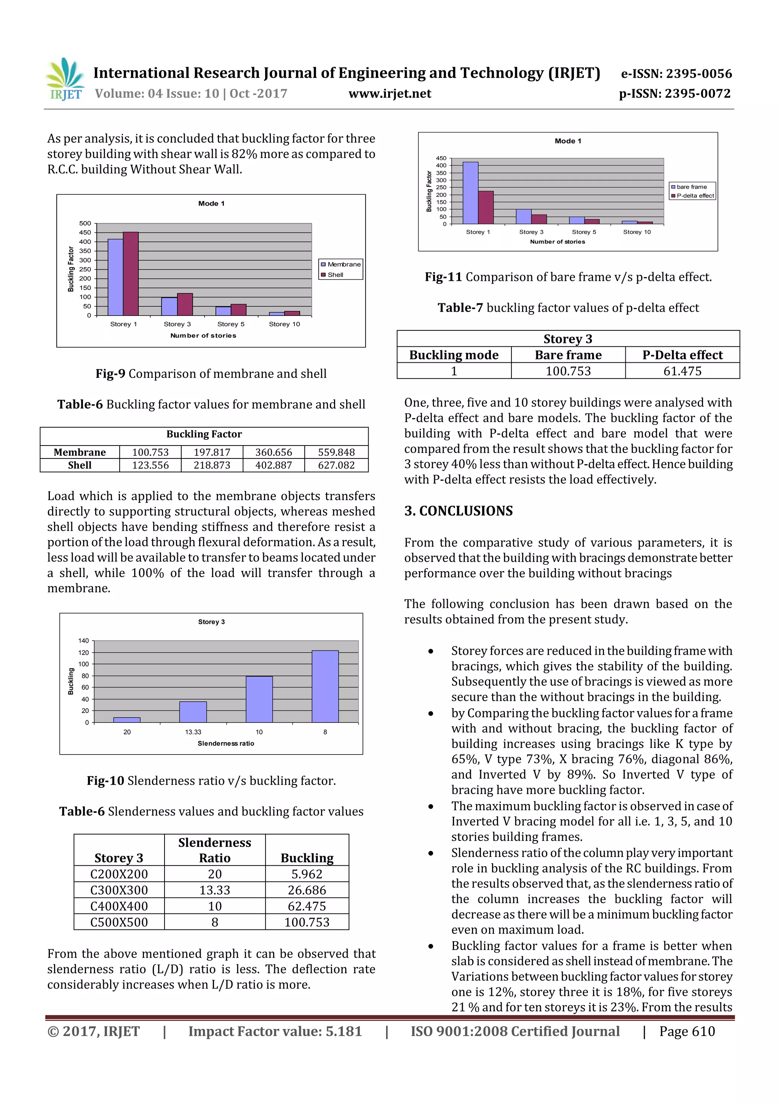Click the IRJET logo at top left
pos(65,79)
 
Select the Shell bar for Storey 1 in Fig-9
pos(131,274)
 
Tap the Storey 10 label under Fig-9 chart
pos(284,324)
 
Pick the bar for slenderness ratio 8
pos(325,686)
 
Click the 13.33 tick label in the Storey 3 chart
pos(193,732)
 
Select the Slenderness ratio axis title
pos(226,743)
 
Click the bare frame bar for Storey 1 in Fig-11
pos(470,193)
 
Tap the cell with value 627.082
pos(336,465)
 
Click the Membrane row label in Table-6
pos(80,452)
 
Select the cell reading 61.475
pos(682,371)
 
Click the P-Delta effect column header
pos(682,355)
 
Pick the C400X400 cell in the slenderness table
pos(119,906)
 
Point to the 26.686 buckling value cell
pos(307,890)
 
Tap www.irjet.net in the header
pos(390,93)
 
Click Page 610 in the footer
pos(687,1031)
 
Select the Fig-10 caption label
pos(105,780)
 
